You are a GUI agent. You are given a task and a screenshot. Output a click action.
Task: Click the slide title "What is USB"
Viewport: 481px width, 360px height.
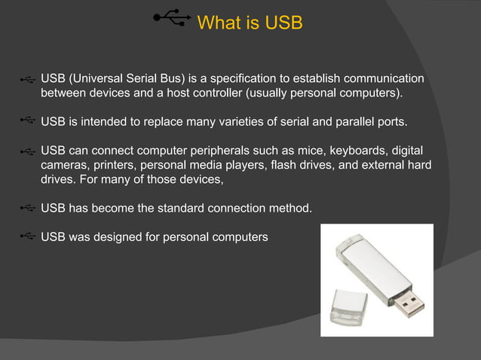tap(250, 23)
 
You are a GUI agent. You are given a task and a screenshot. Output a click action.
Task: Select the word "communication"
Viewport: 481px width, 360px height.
tap(381, 80)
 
